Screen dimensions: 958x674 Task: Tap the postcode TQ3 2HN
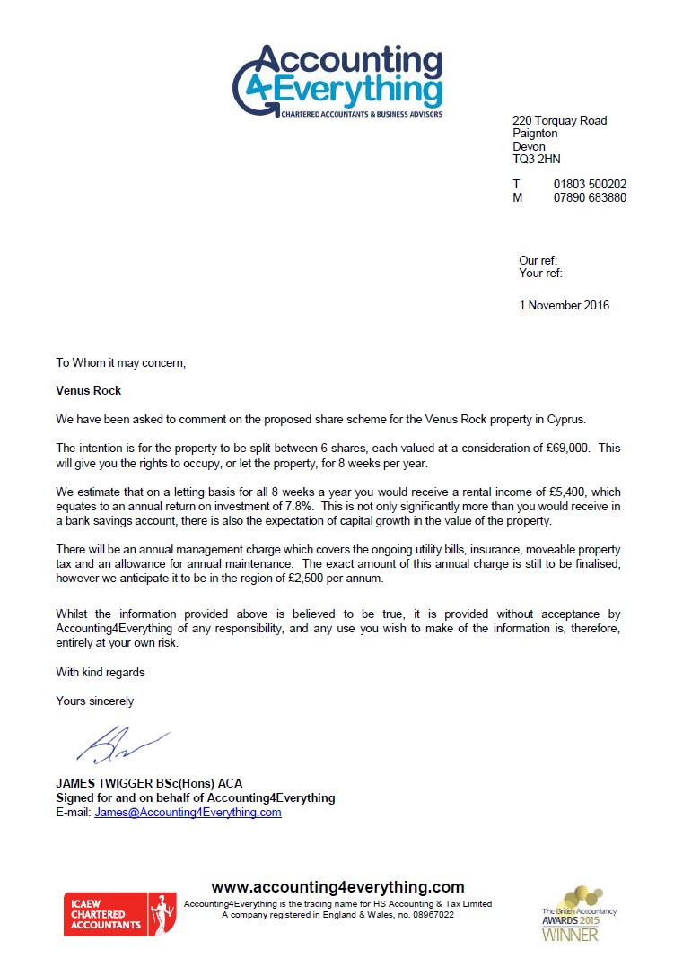[536, 160]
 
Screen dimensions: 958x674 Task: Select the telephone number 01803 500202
[590, 185]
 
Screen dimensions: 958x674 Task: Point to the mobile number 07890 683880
[590, 197]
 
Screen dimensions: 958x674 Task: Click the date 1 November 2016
[564, 306]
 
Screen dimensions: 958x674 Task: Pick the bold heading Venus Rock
[89, 391]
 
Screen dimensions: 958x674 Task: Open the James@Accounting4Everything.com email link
[188, 813]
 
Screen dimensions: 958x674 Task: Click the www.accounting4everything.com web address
[337, 887]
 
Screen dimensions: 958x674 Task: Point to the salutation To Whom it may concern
[120, 363]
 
